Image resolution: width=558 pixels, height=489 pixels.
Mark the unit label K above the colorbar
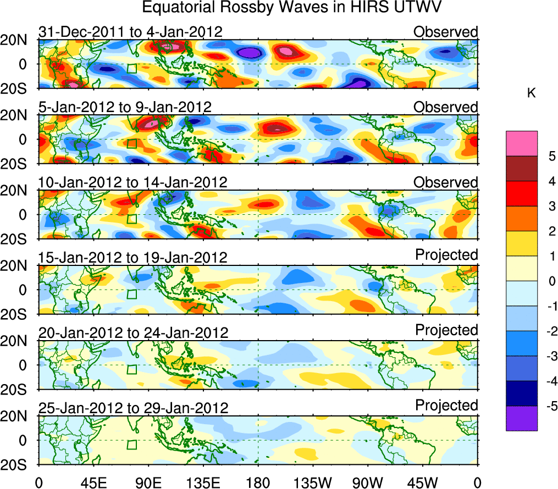[531, 94]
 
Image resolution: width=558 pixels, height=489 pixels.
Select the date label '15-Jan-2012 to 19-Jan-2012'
[132, 257]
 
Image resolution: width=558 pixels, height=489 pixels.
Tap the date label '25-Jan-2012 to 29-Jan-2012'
[132, 408]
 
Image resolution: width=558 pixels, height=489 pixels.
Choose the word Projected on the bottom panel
[446, 405]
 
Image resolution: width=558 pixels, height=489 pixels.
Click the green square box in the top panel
[131, 69]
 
